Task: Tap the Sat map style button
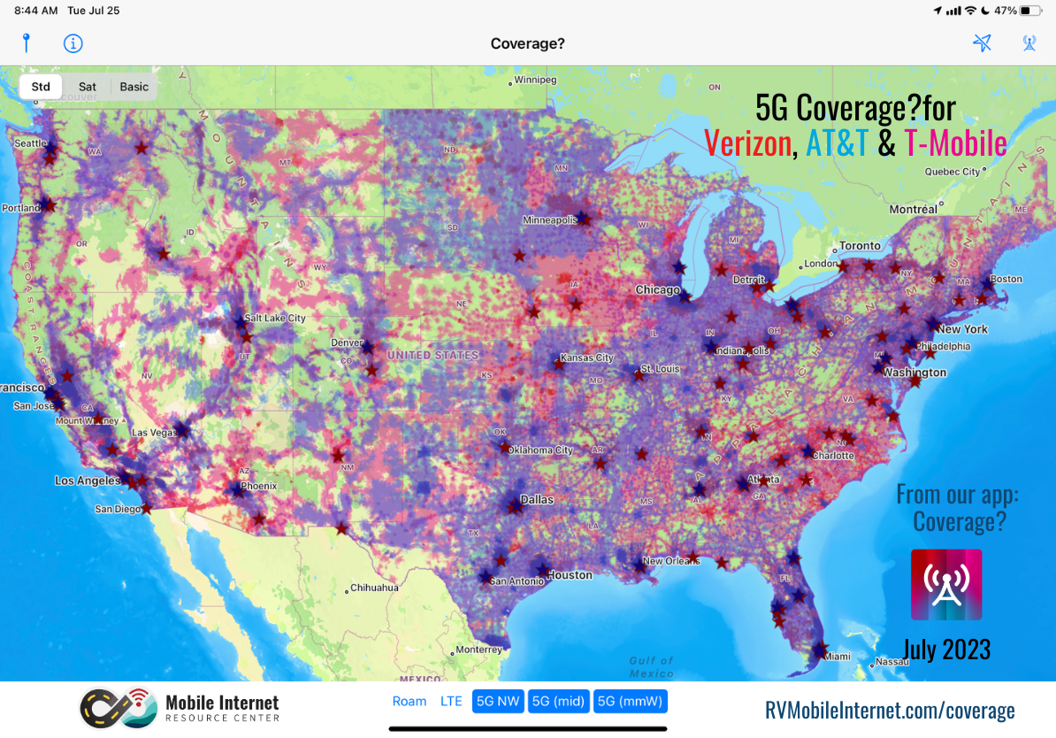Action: (x=87, y=87)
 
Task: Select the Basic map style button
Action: (x=134, y=87)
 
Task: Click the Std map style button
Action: (x=41, y=87)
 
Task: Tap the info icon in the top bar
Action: (x=73, y=42)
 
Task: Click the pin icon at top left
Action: (x=27, y=42)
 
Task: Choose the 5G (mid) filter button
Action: (x=558, y=702)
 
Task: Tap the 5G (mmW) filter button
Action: (x=631, y=702)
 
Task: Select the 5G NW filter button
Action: (x=498, y=702)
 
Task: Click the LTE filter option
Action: (x=451, y=702)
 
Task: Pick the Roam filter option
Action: (x=409, y=702)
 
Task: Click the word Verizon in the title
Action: (x=747, y=142)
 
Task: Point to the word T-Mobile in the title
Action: (x=955, y=142)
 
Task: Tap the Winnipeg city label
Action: (x=535, y=81)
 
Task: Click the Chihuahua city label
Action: (x=374, y=588)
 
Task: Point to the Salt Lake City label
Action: (x=274, y=319)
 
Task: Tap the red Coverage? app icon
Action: (x=946, y=584)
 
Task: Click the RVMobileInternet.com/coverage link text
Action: (x=890, y=710)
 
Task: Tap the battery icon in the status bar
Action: (x=1030, y=11)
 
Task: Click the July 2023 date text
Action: (x=946, y=650)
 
